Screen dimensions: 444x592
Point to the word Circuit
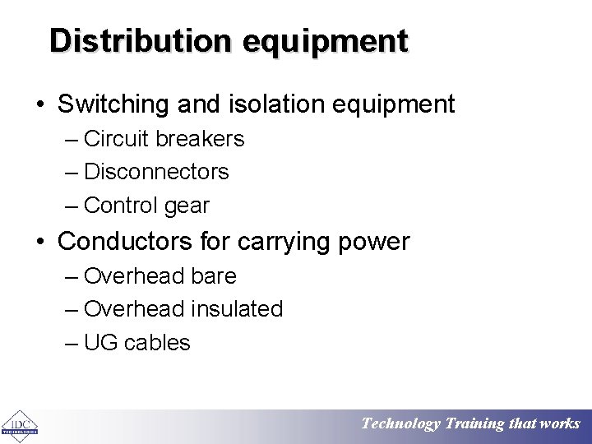coord(116,139)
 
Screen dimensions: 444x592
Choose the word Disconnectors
coord(156,172)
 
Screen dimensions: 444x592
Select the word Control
coord(121,206)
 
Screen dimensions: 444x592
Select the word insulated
coord(237,309)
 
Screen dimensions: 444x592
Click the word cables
coord(157,343)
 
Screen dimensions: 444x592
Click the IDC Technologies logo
coord(20,425)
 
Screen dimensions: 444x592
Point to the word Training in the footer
coord(474,424)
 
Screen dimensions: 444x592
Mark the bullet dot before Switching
coord(40,105)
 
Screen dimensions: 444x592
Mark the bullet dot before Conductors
coord(40,243)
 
